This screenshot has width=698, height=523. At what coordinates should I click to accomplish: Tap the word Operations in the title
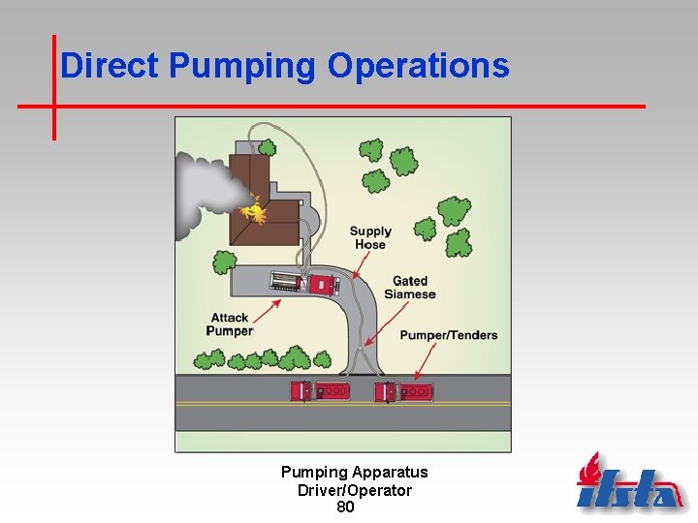pyautogui.click(x=418, y=66)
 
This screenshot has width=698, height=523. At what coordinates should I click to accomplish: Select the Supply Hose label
pyautogui.click(x=370, y=237)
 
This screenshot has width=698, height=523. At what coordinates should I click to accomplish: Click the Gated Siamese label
pyautogui.click(x=409, y=288)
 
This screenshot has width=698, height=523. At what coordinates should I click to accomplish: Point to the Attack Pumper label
pyautogui.click(x=230, y=323)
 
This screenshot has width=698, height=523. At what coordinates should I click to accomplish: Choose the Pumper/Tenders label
pyautogui.click(x=449, y=335)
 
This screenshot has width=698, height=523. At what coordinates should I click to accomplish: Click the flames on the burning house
pyautogui.click(x=256, y=209)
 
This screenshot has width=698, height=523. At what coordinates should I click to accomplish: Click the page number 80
pyautogui.click(x=345, y=507)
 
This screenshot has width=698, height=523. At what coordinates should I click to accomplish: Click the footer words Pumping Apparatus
pyautogui.click(x=354, y=473)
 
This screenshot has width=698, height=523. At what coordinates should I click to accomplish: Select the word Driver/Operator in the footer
pyautogui.click(x=354, y=490)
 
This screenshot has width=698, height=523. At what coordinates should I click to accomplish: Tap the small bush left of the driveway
pyautogui.click(x=224, y=261)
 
